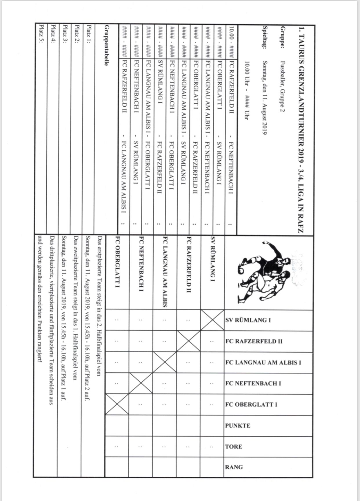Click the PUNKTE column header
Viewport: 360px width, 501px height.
238,426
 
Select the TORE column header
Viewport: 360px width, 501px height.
234,447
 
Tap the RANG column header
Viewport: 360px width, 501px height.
234,467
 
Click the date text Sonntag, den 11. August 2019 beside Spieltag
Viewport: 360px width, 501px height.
265,98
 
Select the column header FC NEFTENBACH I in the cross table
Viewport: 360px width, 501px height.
253,383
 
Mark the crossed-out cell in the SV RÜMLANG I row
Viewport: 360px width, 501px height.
212,320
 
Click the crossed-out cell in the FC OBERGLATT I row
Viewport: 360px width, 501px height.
117,405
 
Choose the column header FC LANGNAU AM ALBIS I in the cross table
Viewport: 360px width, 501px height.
263,362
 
